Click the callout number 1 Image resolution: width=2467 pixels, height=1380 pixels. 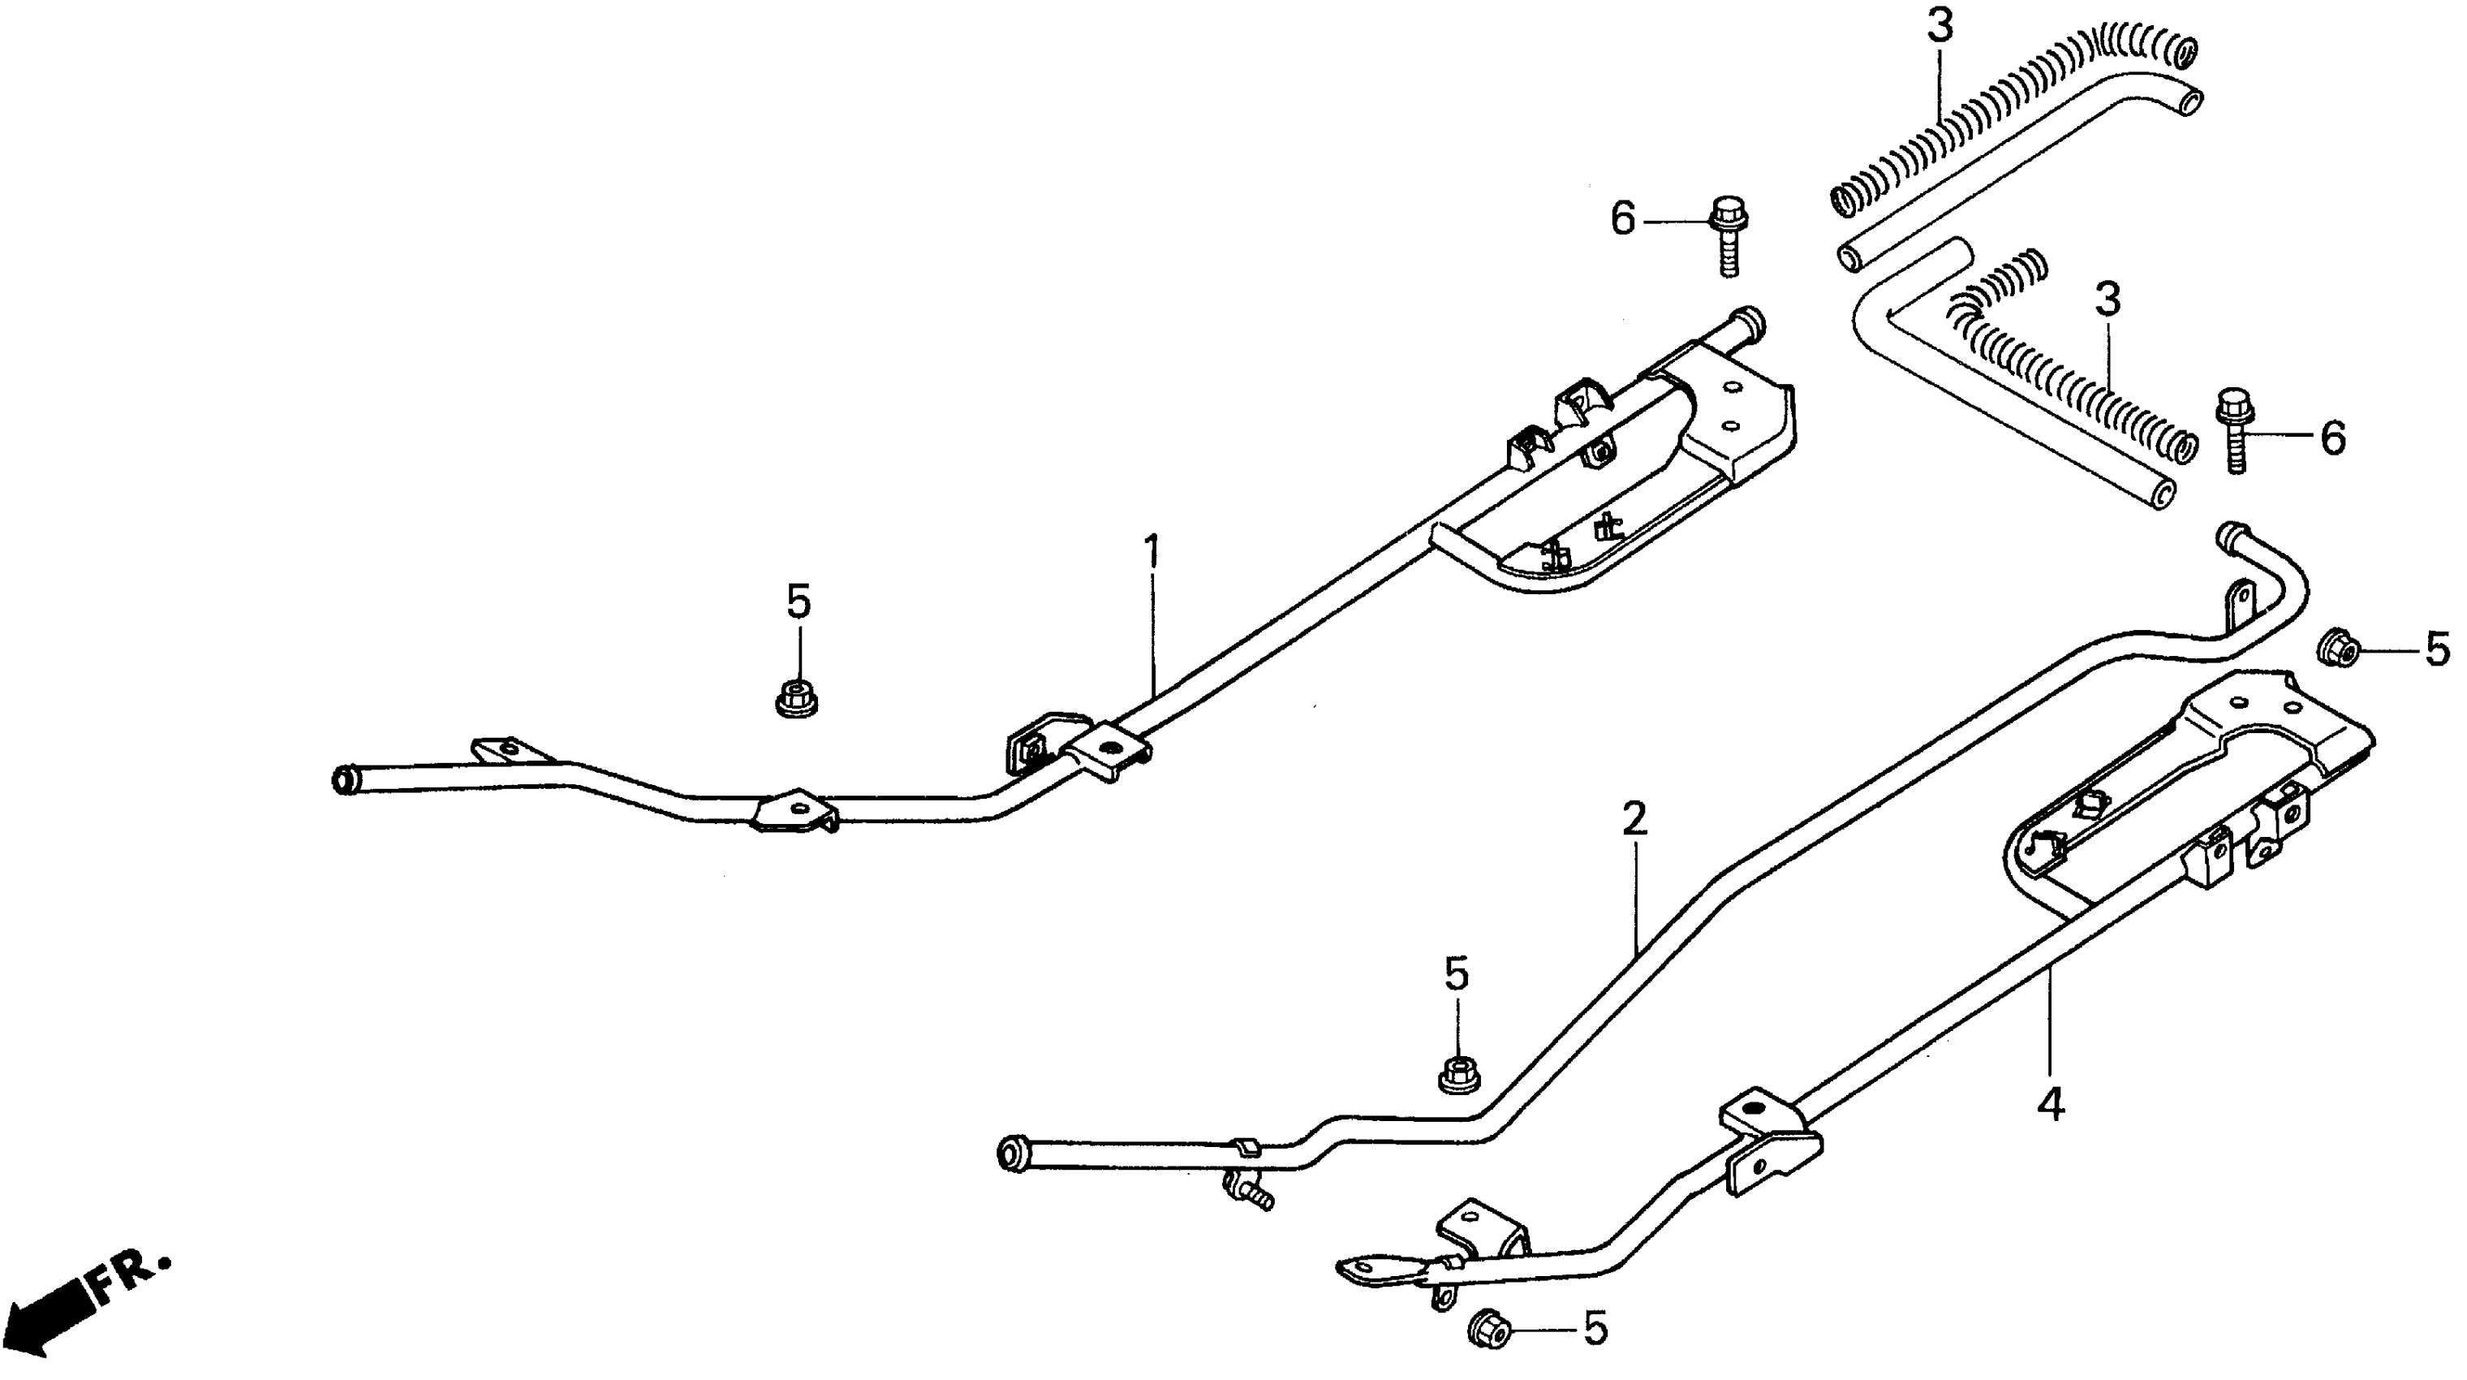[1152, 554]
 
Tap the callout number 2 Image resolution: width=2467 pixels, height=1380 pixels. [1634, 820]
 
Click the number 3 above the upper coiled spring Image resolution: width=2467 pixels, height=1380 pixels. [1940, 27]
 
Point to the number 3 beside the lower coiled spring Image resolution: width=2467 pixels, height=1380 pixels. [2107, 300]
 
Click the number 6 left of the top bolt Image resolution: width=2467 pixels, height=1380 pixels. [1622, 220]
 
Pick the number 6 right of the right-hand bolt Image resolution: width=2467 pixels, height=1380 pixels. [2333, 438]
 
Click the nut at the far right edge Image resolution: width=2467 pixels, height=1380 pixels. [2338, 648]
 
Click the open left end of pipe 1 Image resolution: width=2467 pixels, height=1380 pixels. [342, 778]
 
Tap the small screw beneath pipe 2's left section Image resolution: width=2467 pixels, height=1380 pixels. [1248, 1192]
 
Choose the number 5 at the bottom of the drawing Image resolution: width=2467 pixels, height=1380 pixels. [1595, 1329]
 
